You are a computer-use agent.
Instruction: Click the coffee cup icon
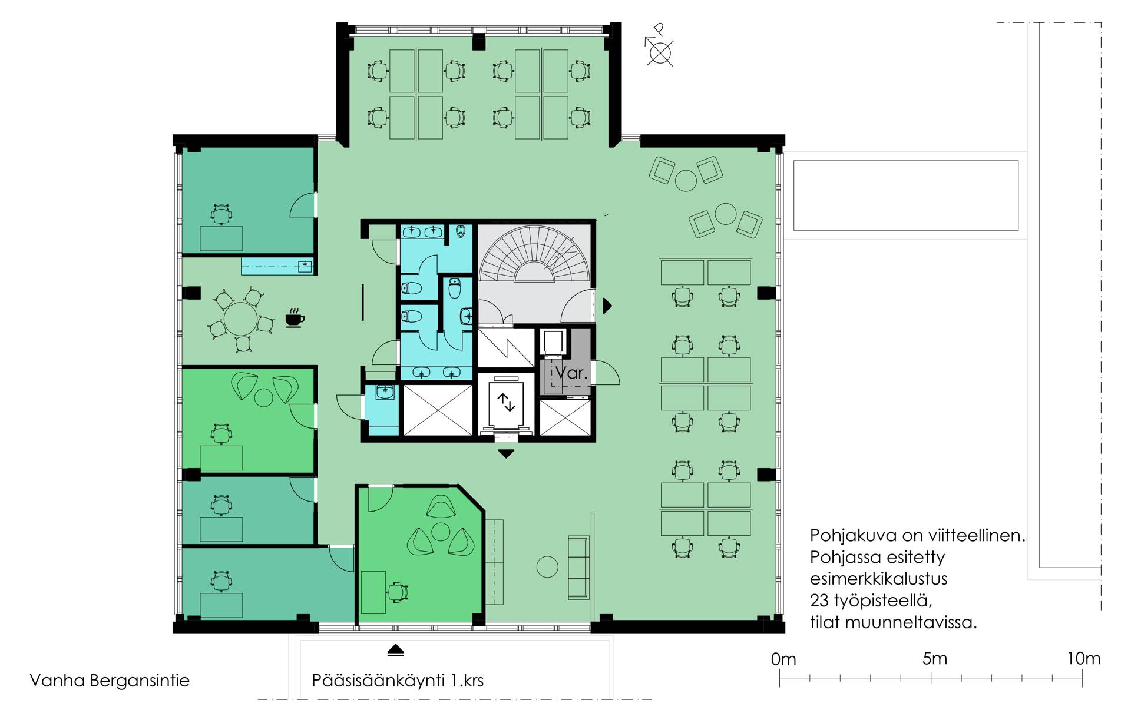tap(295, 317)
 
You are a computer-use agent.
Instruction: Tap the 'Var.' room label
tap(571, 372)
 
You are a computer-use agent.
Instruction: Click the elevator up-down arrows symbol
tap(506, 402)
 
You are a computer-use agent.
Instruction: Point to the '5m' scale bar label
tap(934, 658)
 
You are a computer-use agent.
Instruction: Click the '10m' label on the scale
tap(1083, 658)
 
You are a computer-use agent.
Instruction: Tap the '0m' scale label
tap(783, 659)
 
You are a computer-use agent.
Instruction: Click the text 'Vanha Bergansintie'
tap(110, 681)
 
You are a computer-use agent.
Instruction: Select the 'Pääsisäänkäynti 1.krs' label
tap(398, 681)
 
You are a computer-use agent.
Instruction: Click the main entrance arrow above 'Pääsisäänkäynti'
tap(395, 651)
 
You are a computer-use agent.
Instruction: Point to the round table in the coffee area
tap(240, 319)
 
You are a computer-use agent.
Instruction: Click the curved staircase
tap(534, 255)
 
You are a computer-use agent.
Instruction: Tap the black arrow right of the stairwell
tap(607, 306)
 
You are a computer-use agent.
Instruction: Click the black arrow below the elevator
tap(506, 454)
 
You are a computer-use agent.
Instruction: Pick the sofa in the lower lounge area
tap(578, 568)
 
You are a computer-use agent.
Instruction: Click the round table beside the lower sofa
tap(547, 567)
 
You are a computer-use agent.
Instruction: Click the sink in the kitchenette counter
tap(305, 266)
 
